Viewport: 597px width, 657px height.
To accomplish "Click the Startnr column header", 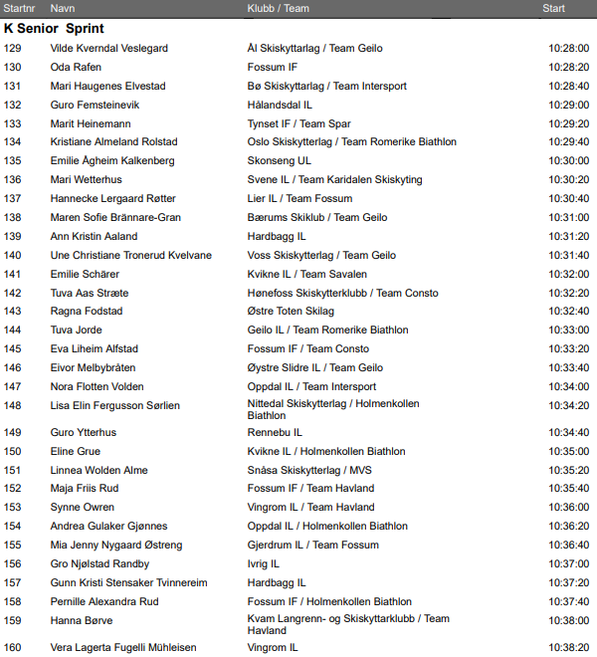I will point(20,8).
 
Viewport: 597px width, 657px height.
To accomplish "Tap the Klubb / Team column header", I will point(278,8).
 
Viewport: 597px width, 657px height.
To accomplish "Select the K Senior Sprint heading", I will point(54,29).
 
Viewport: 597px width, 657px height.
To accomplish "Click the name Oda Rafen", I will point(76,67).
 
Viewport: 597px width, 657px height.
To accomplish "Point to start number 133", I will point(12,123).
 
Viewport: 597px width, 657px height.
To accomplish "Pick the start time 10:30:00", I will point(568,161).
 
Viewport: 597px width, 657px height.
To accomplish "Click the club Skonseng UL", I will point(279,161).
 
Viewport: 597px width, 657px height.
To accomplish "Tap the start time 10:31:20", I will point(568,237).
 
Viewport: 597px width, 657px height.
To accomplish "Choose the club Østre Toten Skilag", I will point(291,312).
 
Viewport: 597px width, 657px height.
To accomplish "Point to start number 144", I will point(12,330).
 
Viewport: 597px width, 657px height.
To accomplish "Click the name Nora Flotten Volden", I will point(97,387).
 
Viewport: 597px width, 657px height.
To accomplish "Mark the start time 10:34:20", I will point(568,406).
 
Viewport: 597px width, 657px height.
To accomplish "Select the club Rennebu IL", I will point(275,433).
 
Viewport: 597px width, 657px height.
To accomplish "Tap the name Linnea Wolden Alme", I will point(99,470).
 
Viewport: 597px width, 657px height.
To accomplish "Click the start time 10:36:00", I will point(568,508).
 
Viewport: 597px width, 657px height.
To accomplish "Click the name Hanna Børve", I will point(82,620).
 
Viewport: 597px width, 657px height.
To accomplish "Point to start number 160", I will point(12,648).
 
